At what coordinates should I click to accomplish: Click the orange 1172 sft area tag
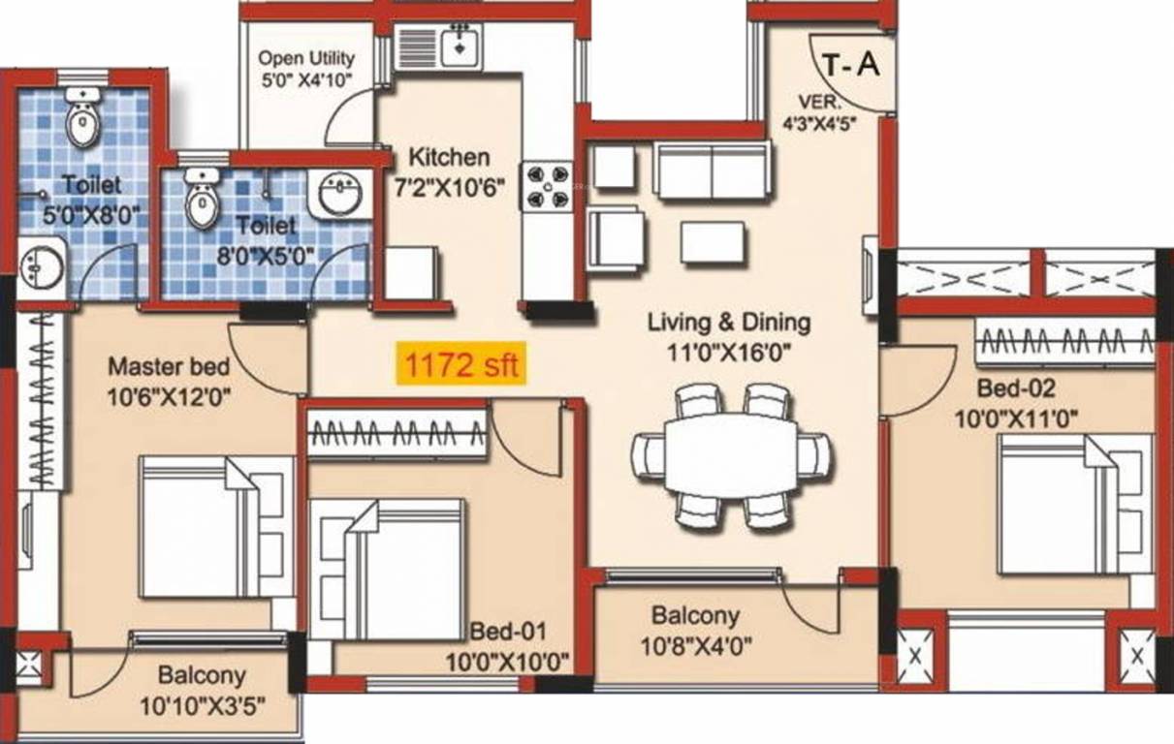[460, 366]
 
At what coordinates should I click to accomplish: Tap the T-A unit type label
[850, 65]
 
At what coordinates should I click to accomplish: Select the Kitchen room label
[449, 157]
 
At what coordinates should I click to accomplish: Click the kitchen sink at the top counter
[455, 45]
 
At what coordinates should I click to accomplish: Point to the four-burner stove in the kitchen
[547, 186]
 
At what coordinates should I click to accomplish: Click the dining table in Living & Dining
[731, 455]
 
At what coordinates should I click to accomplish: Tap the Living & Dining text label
[729, 323]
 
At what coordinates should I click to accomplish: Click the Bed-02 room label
[1015, 389]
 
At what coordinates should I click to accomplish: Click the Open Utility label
[306, 59]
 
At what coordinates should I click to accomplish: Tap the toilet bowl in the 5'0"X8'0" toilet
[82, 119]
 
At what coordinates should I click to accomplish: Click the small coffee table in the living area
[712, 242]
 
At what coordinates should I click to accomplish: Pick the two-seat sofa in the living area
[712, 170]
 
